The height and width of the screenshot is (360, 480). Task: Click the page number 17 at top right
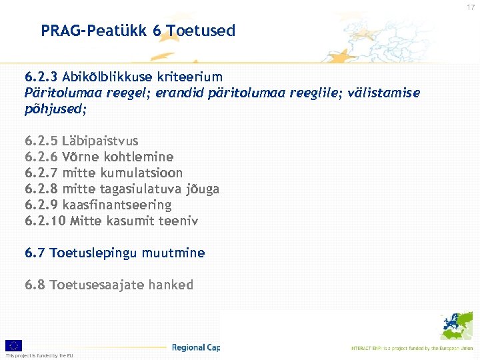coord(471,8)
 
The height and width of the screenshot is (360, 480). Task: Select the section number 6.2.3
coord(41,77)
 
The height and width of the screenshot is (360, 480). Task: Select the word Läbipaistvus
coord(100,141)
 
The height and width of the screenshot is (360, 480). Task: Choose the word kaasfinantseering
coord(117,205)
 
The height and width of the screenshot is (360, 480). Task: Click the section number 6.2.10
coord(45,221)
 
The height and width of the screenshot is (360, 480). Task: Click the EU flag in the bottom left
coord(13,345)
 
